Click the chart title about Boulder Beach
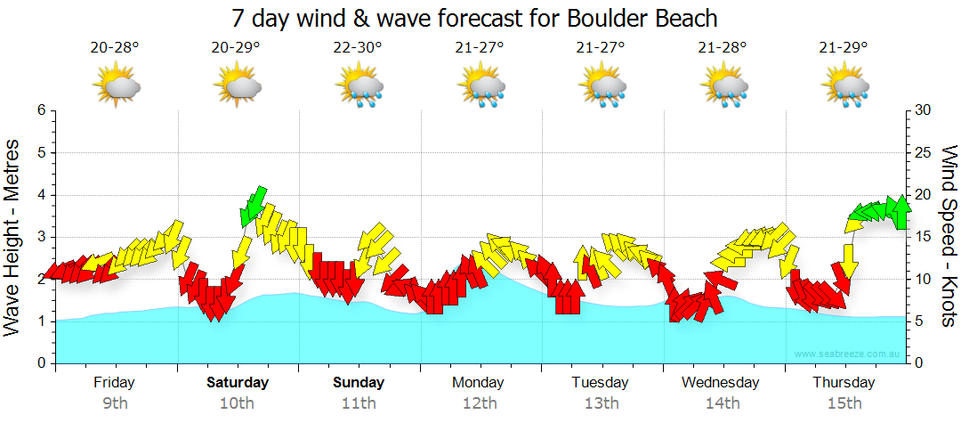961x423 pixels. [474, 17]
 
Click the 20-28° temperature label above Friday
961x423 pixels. [115, 47]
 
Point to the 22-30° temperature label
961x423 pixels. [358, 47]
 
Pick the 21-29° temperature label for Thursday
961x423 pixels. [844, 47]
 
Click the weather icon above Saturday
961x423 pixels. [237, 87]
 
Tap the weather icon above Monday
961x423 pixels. [480, 87]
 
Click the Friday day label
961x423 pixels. [115, 383]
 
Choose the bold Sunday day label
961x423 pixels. [359, 383]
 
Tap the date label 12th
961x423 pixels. [480, 403]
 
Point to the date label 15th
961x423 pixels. [844, 403]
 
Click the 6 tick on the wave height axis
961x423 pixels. [40, 110]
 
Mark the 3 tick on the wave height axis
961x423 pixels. [40, 237]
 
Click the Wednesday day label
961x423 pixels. [721, 383]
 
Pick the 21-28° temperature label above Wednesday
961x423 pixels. [723, 47]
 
